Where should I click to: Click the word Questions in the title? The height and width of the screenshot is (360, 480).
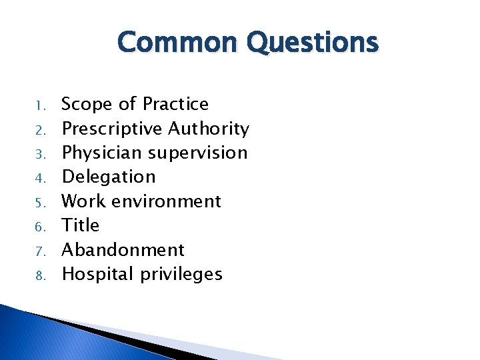pyautogui.click(x=312, y=43)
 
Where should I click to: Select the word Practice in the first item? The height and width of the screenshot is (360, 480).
pyautogui.click(x=175, y=104)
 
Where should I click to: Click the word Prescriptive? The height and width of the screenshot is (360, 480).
pyautogui.click(x=112, y=129)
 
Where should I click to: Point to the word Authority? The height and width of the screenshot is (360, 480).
pyautogui.click(x=209, y=128)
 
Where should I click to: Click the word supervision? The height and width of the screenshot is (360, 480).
pyautogui.click(x=197, y=153)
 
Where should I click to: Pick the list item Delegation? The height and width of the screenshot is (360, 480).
pyautogui.click(x=108, y=177)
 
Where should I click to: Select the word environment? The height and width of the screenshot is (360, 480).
pyautogui.click(x=167, y=201)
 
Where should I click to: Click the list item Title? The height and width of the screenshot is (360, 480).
pyautogui.click(x=80, y=225)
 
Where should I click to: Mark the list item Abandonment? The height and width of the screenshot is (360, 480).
pyautogui.click(x=123, y=250)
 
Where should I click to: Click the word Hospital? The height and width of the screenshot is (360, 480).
pyautogui.click(x=98, y=274)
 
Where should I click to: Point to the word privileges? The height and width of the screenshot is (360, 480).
pyautogui.click(x=181, y=274)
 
